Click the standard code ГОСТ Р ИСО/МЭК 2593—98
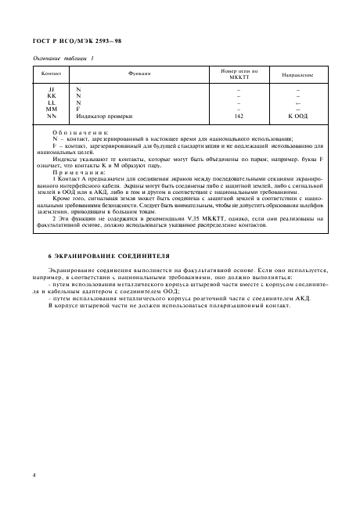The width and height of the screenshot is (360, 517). point(65,39)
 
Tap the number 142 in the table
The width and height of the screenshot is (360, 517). point(239,115)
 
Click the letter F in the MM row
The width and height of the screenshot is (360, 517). point(78,109)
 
